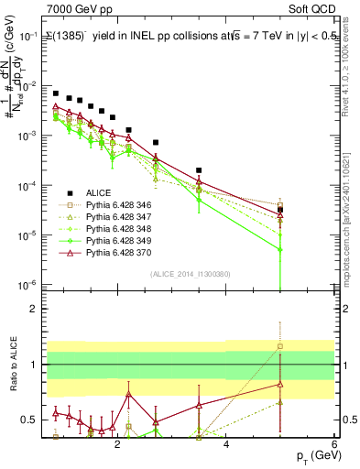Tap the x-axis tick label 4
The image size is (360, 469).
click(226, 442)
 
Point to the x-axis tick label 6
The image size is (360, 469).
click(334, 442)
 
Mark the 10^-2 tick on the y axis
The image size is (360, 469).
click(28, 85)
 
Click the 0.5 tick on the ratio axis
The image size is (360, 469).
click(29, 420)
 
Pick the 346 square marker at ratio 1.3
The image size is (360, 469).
click(280, 346)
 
